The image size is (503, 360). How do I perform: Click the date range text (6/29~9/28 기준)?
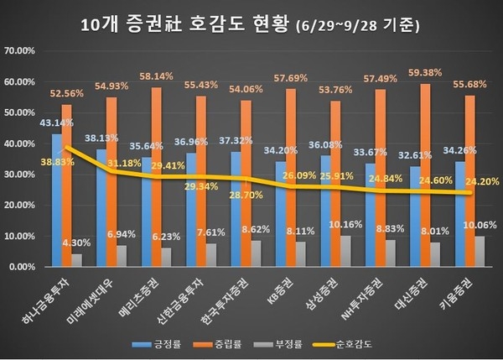(x=360, y=25)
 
